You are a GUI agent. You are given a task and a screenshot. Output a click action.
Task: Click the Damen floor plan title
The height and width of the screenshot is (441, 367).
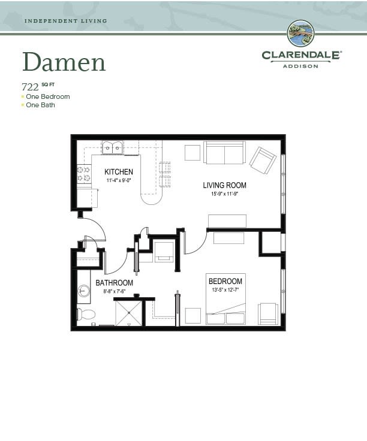64,62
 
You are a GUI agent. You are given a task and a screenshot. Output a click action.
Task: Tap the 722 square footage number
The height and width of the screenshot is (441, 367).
30,87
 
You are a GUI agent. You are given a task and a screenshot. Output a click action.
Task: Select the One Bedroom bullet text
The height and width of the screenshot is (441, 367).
48,96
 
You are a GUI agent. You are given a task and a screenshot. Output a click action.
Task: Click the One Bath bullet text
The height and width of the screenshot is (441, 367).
40,105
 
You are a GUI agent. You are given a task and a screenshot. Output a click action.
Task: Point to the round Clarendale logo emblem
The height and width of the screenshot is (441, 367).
300,34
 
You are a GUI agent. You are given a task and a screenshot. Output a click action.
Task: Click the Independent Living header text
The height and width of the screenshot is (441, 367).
66,21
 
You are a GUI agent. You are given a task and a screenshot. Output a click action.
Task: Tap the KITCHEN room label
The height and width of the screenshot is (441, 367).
119,171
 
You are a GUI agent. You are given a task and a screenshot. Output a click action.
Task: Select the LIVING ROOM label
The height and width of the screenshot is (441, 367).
225,185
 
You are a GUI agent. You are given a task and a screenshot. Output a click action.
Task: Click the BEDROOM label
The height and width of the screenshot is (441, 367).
225,281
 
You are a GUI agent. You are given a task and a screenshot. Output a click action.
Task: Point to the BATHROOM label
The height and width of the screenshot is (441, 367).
115,283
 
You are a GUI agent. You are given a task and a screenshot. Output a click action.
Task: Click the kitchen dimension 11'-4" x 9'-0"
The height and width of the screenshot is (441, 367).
119,180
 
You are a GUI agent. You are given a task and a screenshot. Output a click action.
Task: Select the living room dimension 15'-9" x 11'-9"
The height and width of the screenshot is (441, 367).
225,194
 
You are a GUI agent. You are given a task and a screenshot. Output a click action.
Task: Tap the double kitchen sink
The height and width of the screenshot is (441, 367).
112,147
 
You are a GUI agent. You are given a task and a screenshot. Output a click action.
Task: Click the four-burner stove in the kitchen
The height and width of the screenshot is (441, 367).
84,174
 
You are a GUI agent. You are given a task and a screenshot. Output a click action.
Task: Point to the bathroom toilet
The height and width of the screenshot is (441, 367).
86,314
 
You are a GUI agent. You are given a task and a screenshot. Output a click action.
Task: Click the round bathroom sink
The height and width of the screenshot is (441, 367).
83,291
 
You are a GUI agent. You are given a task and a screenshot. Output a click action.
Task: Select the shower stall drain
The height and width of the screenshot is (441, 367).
128,312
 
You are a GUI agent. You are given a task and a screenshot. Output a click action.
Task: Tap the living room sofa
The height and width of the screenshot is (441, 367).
225,153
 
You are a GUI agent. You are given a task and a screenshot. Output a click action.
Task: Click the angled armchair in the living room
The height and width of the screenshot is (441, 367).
263,161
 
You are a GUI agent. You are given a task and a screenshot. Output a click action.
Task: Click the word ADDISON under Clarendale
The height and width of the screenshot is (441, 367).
300,67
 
